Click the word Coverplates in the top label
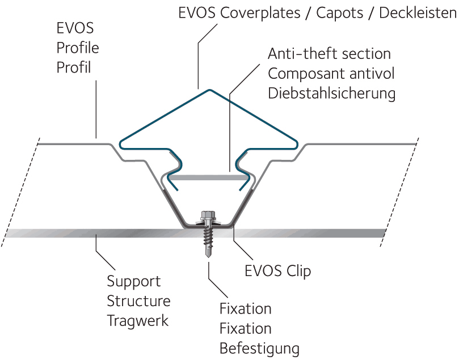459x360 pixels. point(260,13)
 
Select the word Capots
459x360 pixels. point(339,13)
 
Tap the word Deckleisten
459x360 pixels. point(418,12)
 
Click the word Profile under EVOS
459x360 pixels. point(78,48)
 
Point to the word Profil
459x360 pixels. point(74,67)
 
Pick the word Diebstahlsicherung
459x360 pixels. point(332,94)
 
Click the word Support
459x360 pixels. point(134,282)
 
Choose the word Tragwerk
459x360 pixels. point(137,321)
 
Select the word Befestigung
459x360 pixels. point(259,349)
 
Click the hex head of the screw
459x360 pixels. point(208,215)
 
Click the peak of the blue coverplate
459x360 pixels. point(209,90)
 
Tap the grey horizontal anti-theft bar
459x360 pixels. point(209,177)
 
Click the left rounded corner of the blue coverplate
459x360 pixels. point(121,144)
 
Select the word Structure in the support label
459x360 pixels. point(138,301)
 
